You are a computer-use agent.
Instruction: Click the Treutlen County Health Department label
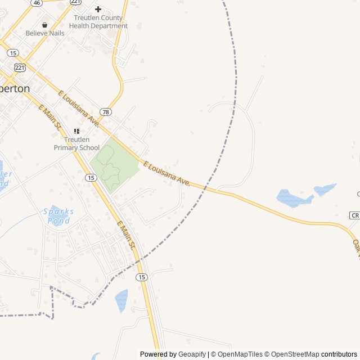coord(94,21)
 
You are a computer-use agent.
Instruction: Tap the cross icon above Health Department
coord(98,9)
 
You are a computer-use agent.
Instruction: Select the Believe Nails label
coord(45,33)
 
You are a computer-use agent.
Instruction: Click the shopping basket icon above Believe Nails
coord(45,25)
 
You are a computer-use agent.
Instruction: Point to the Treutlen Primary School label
coord(76,143)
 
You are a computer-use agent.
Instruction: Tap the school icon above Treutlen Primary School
coord(76,131)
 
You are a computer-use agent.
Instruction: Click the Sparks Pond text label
coord(58,216)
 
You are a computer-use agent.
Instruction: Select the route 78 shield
coord(106,111)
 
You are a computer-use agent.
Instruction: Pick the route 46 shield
coord(37,2)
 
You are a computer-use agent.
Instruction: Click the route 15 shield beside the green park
coord(91,178)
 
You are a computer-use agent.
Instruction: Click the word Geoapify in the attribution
coord(192,354)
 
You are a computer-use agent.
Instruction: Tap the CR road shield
coord(354,215)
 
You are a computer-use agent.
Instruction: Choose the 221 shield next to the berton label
coord(20,68)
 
